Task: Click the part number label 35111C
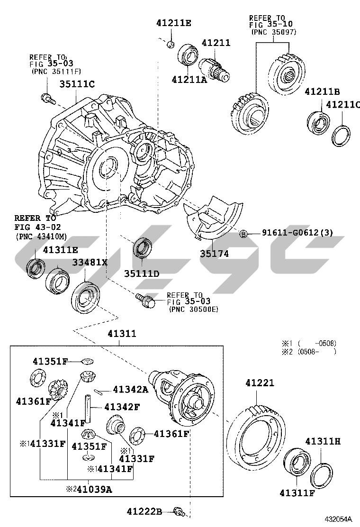pos(77,84)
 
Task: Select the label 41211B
pos(322,91)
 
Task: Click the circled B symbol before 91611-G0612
pos(243,233)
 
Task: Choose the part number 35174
pos(214,254)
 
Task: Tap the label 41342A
pos(130,390)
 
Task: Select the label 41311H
pos(323,441)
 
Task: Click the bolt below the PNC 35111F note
pos(47,99)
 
